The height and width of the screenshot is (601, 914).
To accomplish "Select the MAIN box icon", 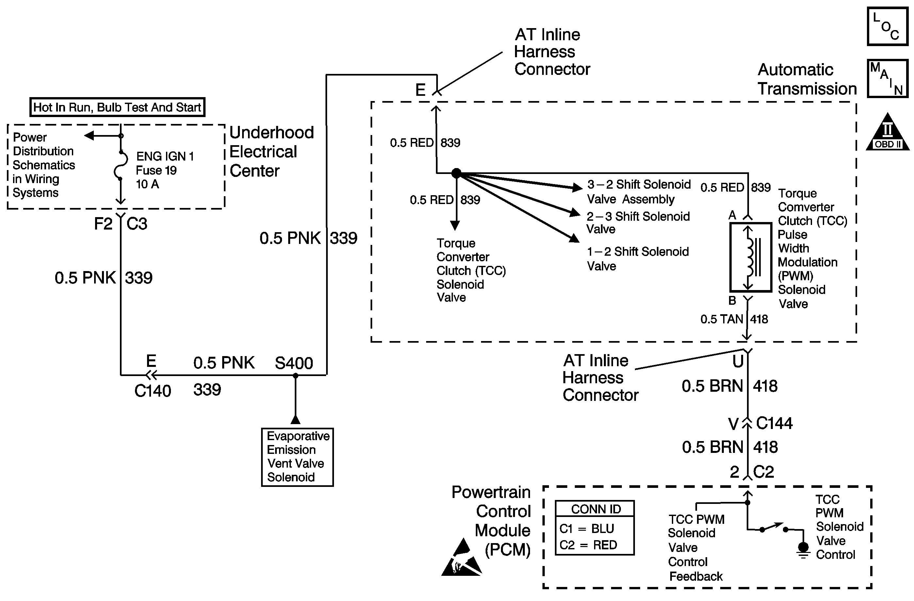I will pyautogui.click(x=887, y=78).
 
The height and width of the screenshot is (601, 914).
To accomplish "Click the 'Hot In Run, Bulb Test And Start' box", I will pyautogui.click(x=117, y=107).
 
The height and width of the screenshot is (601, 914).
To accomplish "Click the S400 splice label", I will pyautogui.click(x=294, y=363).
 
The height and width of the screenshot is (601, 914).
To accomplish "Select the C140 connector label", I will pyautogui.click(x=153, y=391).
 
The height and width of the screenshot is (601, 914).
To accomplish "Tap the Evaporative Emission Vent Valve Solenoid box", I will pyautogui.click(x=297, y=457).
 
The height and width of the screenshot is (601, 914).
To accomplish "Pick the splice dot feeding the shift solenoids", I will pyautogui.click(x=456, y=173).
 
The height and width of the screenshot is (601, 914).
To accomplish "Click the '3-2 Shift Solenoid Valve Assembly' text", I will pyautogui.click(x=638, y=192).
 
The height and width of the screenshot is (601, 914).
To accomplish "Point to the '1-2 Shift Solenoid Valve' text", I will pyautogui.click(x=638, y=259).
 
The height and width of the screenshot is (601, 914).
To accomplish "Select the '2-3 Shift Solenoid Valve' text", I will pyautogui.click(x=638, y=222).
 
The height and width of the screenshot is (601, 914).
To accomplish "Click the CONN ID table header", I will pyautogui.click(x=596, y=509).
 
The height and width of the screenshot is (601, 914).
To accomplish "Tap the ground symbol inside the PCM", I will pyautogui.click(x=803, y=550).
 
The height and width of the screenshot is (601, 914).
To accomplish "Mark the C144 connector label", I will pyautogui.click(x=774, y=423).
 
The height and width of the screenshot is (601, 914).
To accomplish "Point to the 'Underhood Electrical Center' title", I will pyautogui.click(x=271, y=152).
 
